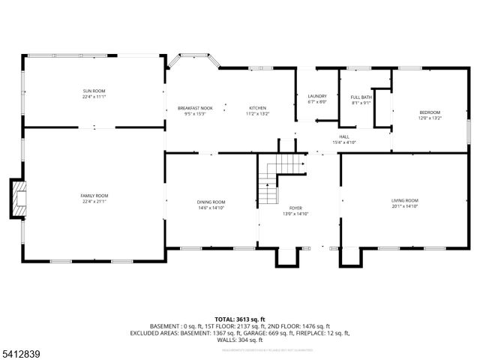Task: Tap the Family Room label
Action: point(94,196)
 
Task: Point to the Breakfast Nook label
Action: point(195,108)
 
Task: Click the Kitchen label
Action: point(258,108)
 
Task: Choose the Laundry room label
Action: point(317,96)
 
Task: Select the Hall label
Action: point(344,136)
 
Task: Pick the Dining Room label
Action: point(211,202)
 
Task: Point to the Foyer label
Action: point(295,208)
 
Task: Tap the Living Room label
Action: point(404,200)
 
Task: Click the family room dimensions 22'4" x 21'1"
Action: point(94,201)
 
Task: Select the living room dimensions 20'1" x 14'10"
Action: point(404,205)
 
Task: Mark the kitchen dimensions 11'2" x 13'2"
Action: point(258,114)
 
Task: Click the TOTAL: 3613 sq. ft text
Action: point(240,319)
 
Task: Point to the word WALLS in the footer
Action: point(227,339)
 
